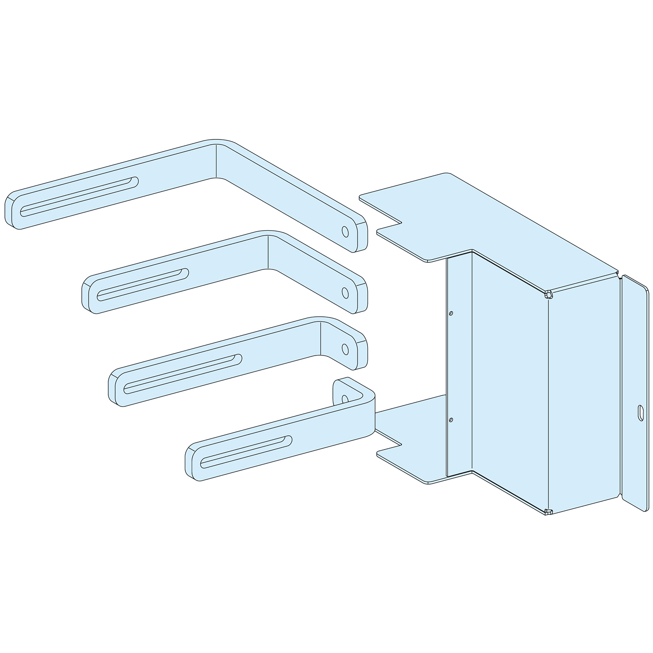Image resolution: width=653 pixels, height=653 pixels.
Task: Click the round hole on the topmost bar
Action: click(345, 231)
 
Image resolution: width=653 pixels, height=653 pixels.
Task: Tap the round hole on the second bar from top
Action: click(345, 293)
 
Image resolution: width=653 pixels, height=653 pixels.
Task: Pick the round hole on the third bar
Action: click(345, 349)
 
